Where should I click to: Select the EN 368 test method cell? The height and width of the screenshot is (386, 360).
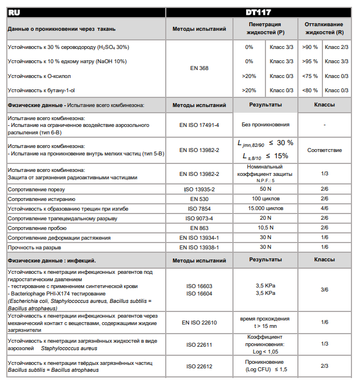(199, 68)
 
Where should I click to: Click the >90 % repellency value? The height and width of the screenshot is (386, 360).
(310, 47)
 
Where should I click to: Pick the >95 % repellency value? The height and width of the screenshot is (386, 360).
(310, 61)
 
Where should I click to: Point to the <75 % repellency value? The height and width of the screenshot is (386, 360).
(310, 76)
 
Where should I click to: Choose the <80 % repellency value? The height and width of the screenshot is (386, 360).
(310, 90)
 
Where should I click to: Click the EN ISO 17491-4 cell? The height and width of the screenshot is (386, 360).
(199, 124)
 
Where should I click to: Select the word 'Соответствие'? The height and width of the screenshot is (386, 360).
(324, 150)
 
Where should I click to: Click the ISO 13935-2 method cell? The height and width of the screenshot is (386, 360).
(199, 188)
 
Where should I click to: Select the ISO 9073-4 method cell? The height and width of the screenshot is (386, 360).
(199, 218)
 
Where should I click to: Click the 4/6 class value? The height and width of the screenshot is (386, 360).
(324, 208)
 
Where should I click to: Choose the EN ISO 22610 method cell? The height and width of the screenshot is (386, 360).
(199, 323)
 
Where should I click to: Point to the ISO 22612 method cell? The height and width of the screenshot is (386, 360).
(199, 366)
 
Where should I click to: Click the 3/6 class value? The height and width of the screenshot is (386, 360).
(324, 290)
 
